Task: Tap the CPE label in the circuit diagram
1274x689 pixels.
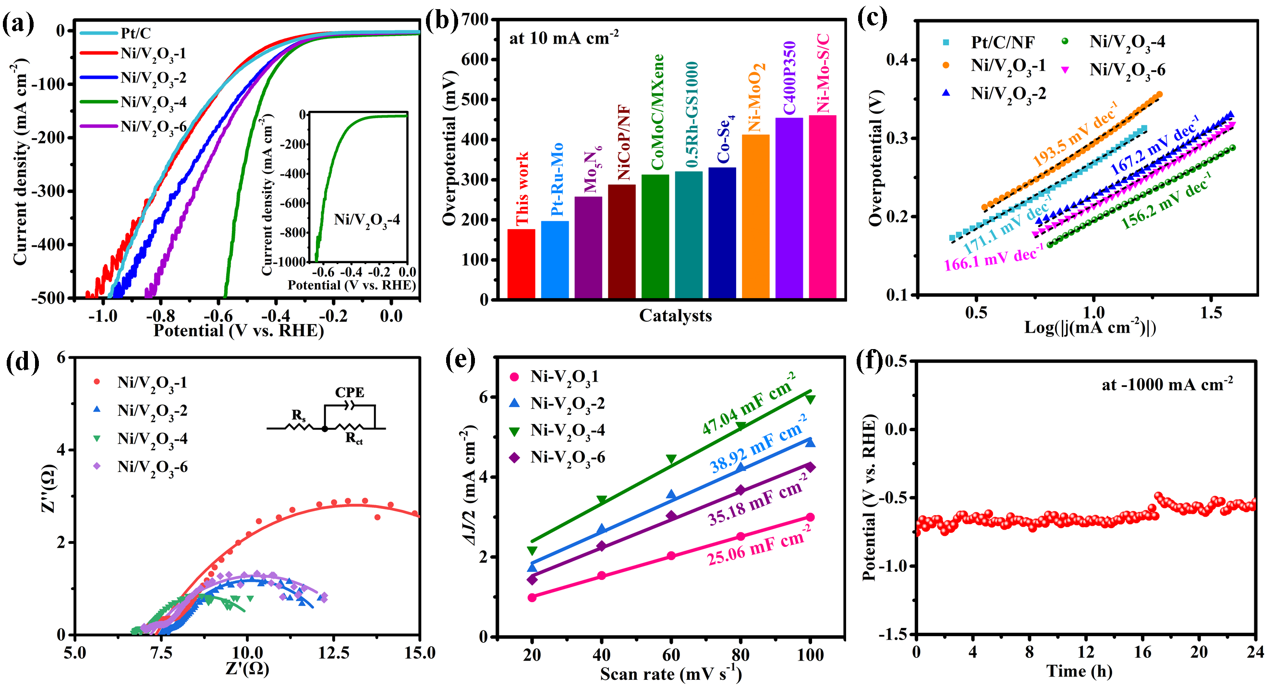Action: click(x=349, y=392)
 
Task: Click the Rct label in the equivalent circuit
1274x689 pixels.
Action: click(x=353, y=438)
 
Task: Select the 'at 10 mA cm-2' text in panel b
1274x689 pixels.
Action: click(x=563, y=37)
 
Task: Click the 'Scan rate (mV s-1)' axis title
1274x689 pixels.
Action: click(x=671, y=674)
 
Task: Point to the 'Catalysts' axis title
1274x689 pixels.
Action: click(x=675, y=315)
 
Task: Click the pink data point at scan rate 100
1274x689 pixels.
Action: click(x=810, y=518)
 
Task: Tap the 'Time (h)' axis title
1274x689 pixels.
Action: click(x=1079, y=671)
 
